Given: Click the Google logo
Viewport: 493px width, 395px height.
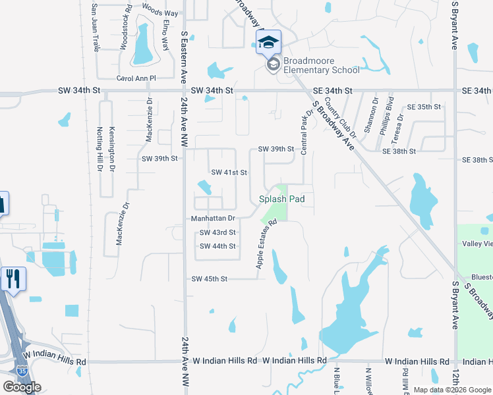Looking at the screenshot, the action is point(22,387).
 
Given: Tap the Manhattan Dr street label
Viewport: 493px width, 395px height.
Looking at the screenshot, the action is point(213,218).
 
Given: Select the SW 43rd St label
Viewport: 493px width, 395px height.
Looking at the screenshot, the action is point(217,232).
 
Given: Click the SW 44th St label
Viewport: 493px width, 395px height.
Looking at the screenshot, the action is point(217,246).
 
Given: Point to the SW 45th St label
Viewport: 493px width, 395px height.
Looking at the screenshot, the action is point(209,279).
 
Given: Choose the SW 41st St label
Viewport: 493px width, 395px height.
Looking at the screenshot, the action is point(229,172).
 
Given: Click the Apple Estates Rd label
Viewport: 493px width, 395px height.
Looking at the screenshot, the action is point(265,244).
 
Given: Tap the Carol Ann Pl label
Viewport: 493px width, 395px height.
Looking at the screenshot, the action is point(136,78).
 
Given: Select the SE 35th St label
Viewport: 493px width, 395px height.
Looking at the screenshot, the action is point(423,107).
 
